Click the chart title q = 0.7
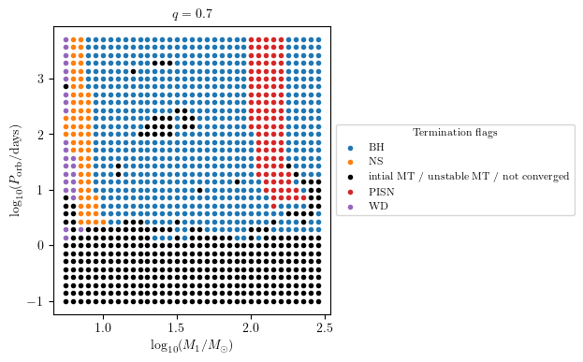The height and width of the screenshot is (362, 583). coord(192,15)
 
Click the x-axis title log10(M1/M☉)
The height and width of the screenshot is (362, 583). coord(192,346)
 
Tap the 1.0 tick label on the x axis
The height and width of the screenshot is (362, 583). coord(103,328)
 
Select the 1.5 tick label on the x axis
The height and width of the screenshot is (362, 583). coord(177,328)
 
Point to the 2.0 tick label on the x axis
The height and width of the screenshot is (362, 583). coord(251,328)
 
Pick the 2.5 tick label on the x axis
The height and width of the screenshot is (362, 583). coord(324,328)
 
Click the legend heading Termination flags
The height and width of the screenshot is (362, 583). coord(455,133)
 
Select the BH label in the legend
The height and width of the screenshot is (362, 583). coord(376,148)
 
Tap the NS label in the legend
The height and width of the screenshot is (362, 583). coord(376,162)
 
